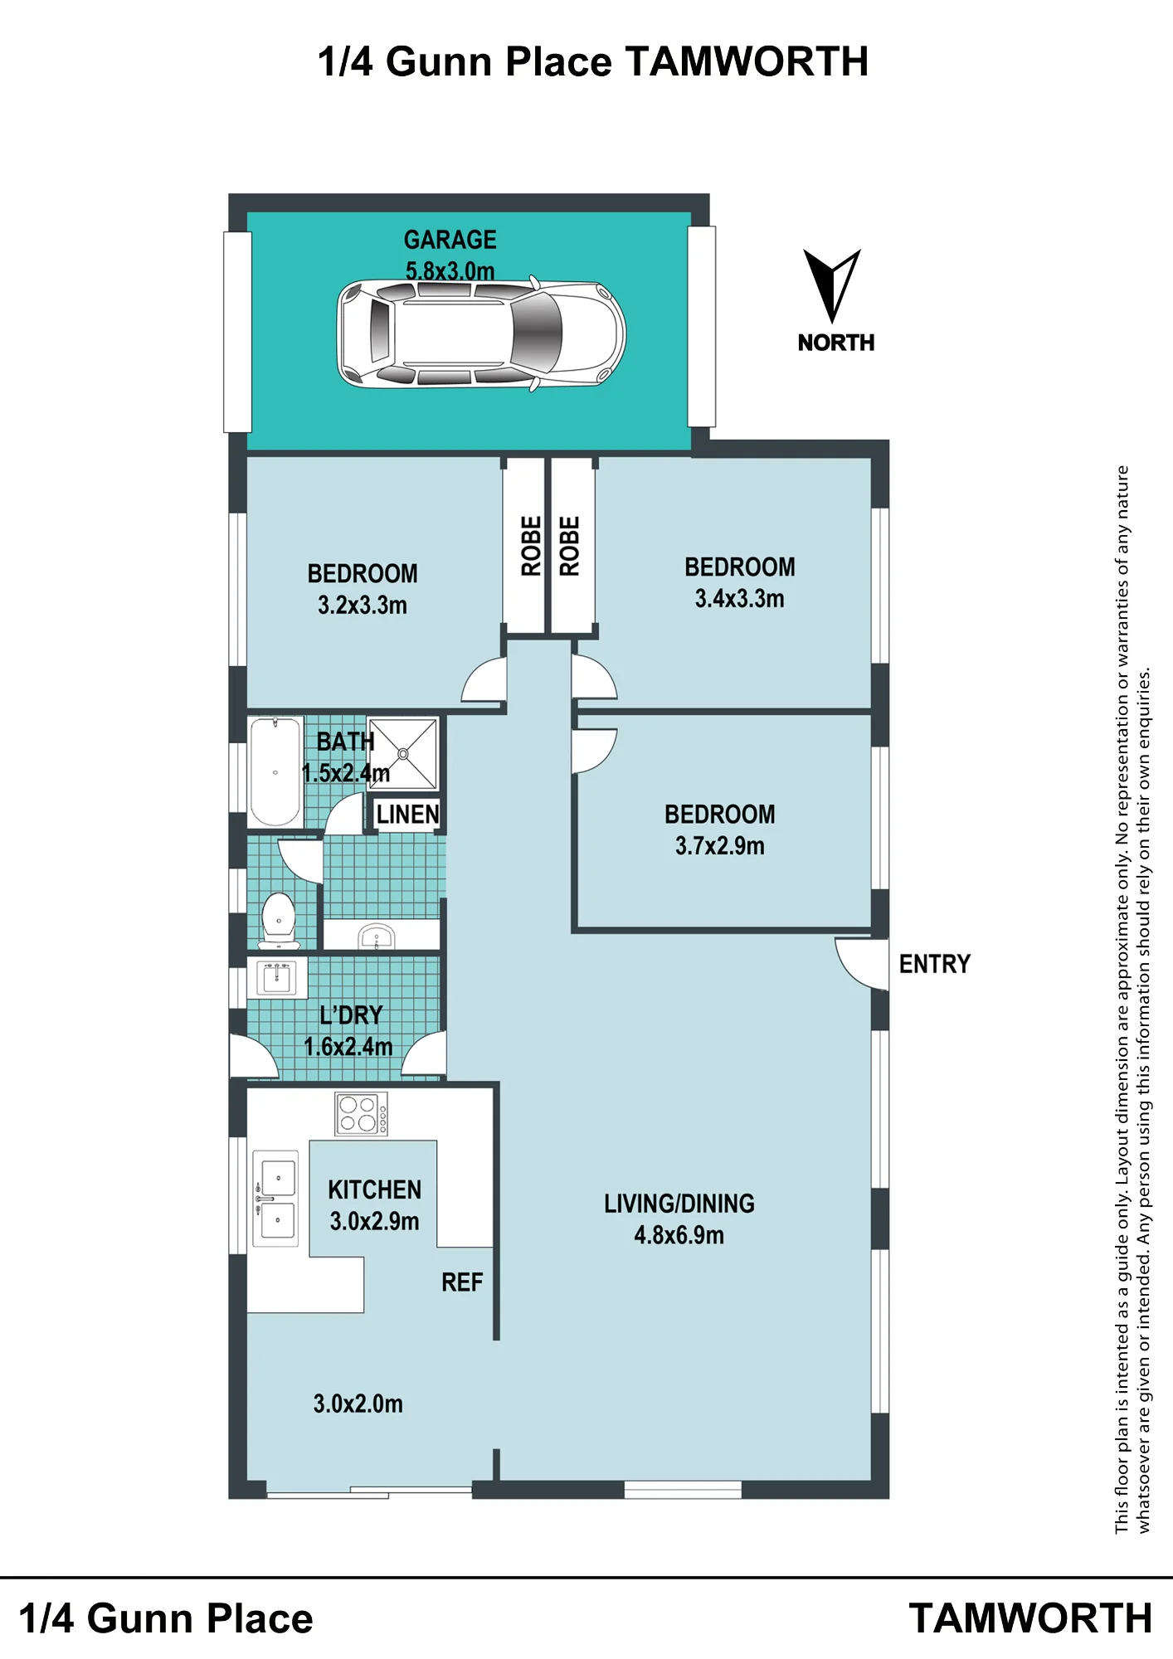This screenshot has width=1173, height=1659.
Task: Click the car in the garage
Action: pos(481,334)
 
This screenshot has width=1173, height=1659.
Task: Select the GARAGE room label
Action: pos(450,240)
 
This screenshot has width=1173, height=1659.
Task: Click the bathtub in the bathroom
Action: pos(275,772)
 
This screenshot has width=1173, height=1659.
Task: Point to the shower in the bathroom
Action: pos(402,753)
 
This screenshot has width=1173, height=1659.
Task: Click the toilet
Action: pos(278,920)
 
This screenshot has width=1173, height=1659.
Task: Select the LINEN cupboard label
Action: pos(407,815)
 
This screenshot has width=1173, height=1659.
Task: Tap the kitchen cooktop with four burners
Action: pos(361,1113)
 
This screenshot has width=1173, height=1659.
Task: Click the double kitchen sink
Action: pos(275,1198)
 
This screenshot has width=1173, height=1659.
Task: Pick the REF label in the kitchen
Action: pos(462,1282)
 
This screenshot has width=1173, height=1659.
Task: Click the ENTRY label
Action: pos(935,964)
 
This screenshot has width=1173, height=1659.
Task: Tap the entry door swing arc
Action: pos(849,970)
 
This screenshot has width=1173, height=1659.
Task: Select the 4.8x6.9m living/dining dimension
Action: pos(679,1235)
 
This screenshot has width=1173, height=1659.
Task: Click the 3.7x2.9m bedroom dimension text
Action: pos(719,846)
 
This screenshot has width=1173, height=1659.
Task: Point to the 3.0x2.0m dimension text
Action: pos(358,1404)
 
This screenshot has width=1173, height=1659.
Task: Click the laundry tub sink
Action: pos(277,977)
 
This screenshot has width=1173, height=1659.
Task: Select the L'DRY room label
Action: pos(351,1015)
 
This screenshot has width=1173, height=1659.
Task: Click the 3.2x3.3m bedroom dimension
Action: pos(363,606)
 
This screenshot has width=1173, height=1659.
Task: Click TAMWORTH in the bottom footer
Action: pos(1030,1618)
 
